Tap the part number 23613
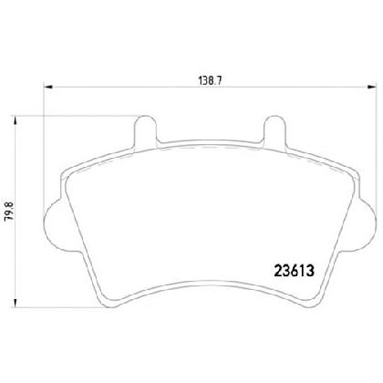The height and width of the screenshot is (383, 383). point(294,270)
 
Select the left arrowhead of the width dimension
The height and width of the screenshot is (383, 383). point(48,88)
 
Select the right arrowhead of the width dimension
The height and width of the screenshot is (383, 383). point(371,88)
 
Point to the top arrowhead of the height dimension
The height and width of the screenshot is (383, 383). point(15,120)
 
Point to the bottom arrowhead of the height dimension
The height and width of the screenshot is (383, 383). point(15,303)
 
